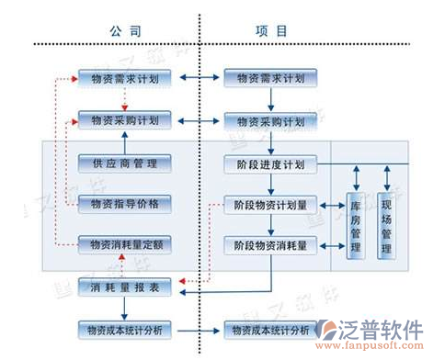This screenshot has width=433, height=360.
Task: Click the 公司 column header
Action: point(123,30)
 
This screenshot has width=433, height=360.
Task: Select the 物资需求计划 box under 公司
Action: point(125,80)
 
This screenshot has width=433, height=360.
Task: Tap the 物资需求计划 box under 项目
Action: point(271,80)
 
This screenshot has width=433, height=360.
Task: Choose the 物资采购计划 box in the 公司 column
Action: point(125,120)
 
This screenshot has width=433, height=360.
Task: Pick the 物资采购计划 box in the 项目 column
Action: point(271,120)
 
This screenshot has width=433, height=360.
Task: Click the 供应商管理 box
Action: point(125,163)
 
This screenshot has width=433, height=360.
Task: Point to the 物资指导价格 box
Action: point(125,204)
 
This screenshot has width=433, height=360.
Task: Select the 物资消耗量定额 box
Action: point(125,244)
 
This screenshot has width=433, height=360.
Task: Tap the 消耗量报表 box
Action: point(125,288)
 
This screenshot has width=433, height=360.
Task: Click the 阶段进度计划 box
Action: point(271,164)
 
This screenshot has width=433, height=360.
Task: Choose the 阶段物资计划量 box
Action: point(271,205)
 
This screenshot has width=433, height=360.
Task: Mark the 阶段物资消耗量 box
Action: point(271,244)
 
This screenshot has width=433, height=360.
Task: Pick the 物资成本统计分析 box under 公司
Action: point(125,328)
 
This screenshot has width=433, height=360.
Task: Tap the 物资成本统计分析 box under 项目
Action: point(271,328)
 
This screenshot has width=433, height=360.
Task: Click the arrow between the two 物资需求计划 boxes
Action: point(198,80)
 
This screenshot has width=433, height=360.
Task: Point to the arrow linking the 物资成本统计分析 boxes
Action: point(198,328)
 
